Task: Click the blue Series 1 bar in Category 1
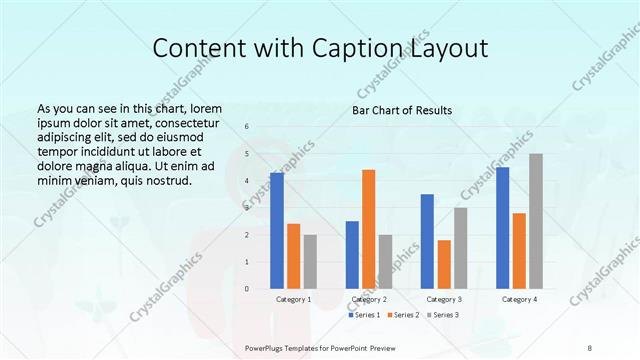(277, 231)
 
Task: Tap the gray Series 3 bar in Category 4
(536, 221)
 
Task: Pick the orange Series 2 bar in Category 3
(444, 264)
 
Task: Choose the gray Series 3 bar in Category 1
(310, 262)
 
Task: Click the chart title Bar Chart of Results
(402, 110)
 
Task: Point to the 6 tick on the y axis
(247, 127)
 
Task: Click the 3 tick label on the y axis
(247, 208)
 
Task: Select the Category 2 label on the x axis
(369, 299)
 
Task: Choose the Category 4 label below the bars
(519, 299)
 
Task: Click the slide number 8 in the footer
(590, 347)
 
